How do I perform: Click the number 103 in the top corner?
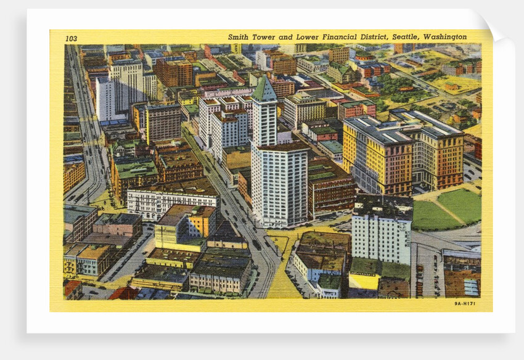[x=72, y=38]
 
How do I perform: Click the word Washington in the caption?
[x=444, y=37]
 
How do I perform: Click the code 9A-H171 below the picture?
[x=464, y=303]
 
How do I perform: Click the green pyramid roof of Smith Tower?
[x=264, y=89]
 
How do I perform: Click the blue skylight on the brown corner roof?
[x=472, y=287]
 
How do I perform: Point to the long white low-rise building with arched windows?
[x=172, y=200]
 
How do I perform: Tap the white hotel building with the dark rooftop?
[x=382, y=231]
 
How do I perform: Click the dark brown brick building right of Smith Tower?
[x=331, y=188]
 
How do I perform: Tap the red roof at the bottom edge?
[x=123, y=293]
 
